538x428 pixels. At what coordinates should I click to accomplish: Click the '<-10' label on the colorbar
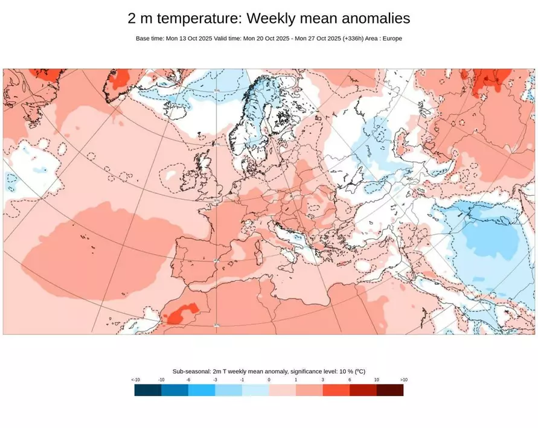click(x=135, y=380)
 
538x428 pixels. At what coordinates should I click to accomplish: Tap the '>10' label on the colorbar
click(x=403, y=380)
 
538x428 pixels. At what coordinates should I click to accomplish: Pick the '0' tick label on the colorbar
click(x=269, y=380)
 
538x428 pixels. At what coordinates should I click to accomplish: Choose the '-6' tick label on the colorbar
click(x=188, y=380)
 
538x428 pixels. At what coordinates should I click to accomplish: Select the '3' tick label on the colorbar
click(x=323, y=380)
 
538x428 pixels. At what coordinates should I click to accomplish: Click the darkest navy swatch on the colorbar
click(x=148, y=390)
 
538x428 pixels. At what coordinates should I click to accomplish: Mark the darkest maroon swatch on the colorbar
click(x=390, y=390)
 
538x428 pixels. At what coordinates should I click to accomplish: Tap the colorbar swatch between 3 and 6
click(x=336, y=390)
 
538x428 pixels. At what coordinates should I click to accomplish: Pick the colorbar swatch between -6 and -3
click(x=202, y=390)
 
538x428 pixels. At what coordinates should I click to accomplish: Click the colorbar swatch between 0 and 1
click(x=283, y=390)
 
